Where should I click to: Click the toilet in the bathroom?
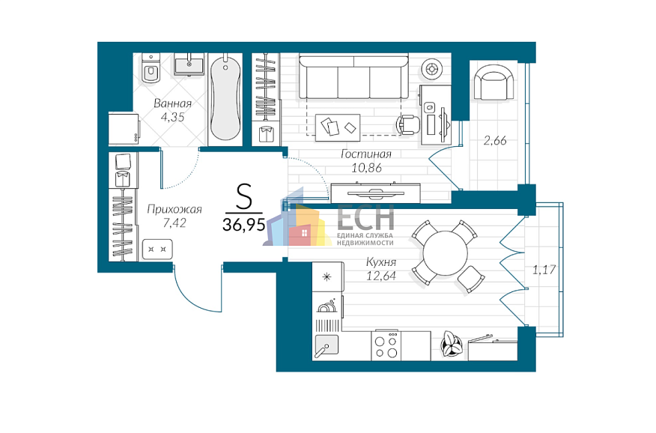click(x=151, y=69)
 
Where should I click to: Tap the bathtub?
click(x=225, y=98)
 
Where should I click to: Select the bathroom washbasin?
click(x=189, y=64)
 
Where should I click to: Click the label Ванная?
click(x=172, y=103)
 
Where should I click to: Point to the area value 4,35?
click(x=172, y=117)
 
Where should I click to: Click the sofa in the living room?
click(x=353, y=78)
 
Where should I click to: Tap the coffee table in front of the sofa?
click(x=338, y=127)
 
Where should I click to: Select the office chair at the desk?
click(x=409, y=124)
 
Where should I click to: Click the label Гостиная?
click(x=366, y=154)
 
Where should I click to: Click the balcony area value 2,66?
click(x=495, y=140)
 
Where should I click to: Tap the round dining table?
click(x=445, y=253)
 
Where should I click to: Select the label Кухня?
click(x=380, y=262)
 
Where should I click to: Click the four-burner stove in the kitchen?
click(x=386, y=346)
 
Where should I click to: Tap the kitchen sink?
click(x=327, y=346)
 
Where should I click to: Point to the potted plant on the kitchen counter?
click(x=452, y=344)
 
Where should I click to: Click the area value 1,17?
click(x=544, y=270)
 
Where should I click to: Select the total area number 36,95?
click(x=244, y=225)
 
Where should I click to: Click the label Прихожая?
click(x=174, y=209)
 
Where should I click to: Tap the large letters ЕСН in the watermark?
click(x=365, y=216)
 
